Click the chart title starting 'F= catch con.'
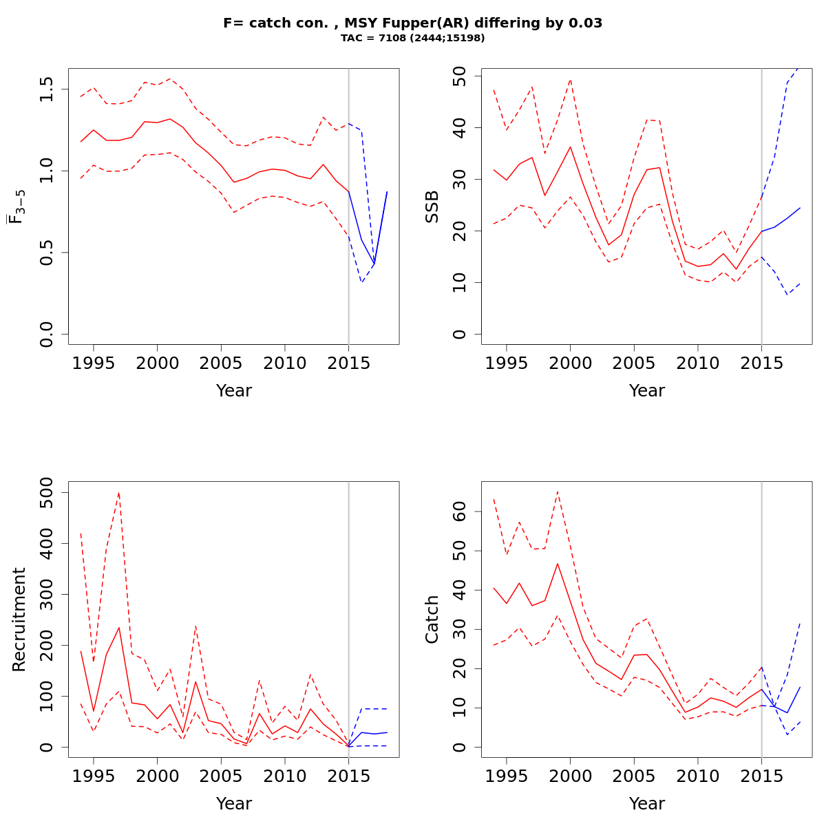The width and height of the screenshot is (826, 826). tap(413, 23)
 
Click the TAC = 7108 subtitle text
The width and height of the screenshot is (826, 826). tap(413, 38)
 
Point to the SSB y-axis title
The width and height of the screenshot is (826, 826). tap(432, 206)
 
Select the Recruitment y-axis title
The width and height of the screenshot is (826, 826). tap(19, 619)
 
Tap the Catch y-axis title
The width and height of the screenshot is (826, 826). tap(432, 619)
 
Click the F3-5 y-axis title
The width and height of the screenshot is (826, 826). tap(17, 206)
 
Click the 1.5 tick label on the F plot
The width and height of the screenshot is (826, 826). tap(47, 89)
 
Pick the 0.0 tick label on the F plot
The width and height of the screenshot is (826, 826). tap(47, 334)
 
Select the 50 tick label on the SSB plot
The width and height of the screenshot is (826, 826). tap(460, 76)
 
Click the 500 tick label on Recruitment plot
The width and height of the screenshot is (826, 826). tap(47, 492)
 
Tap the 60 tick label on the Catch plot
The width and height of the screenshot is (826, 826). tap(460, 511)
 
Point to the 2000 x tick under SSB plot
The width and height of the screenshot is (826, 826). tap(570, 363)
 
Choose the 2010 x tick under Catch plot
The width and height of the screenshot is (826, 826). tap(697, 776)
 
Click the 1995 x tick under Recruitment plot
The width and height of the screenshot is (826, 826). tap(94, 776)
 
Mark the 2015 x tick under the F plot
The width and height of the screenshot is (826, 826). tap(348, 363)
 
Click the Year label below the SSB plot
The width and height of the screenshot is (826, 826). tap(647, 391)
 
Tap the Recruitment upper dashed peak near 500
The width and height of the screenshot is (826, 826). tap(119, 493)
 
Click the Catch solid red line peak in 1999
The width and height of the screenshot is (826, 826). tap(558, 564)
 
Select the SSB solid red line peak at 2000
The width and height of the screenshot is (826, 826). tap(570, 147)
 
